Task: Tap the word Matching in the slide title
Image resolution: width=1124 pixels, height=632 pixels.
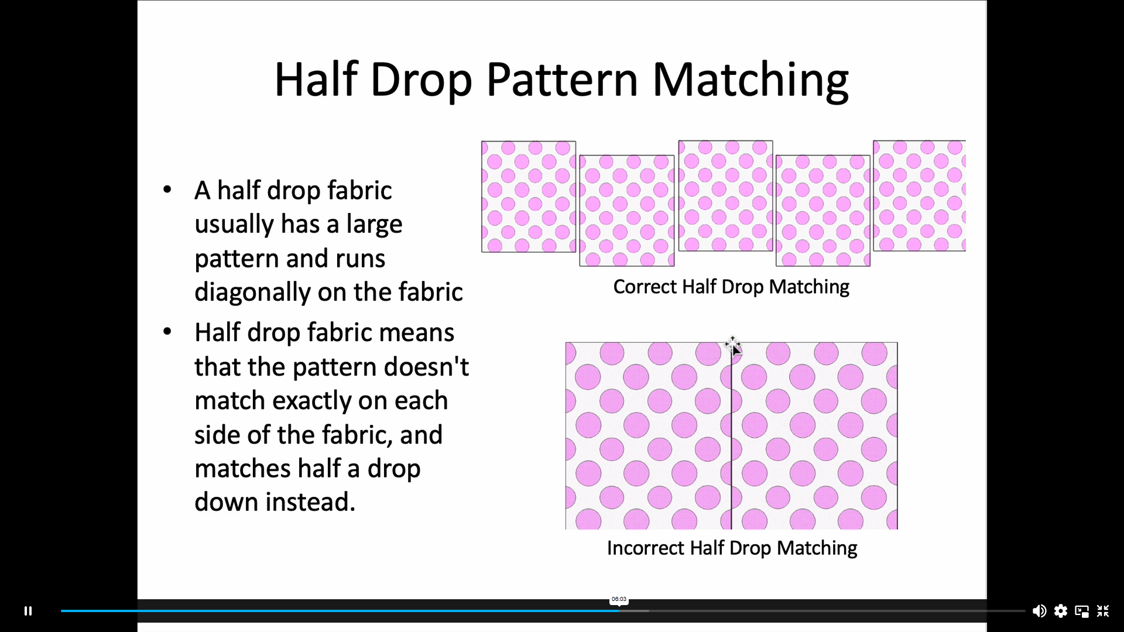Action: [751, 81]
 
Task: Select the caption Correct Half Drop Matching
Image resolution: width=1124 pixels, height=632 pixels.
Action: [731, 287]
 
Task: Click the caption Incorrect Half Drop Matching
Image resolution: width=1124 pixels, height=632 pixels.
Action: [732, 548]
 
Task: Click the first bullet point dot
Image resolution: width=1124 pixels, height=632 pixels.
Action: [167, 190]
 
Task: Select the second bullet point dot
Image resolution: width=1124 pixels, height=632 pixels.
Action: [167, 332]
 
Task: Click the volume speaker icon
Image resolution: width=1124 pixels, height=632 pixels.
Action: [1039, 611]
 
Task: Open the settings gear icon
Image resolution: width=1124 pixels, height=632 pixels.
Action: [1061, 611]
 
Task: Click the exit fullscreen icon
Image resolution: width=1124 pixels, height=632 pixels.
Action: [1103, 611]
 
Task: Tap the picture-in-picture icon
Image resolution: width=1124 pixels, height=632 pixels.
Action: [1082, 612]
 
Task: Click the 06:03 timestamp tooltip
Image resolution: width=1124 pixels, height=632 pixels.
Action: [619, 599]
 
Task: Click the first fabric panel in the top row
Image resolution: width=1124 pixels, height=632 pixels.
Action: [529, 197]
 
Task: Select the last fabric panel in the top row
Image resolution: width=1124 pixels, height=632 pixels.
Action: [919, 195]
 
